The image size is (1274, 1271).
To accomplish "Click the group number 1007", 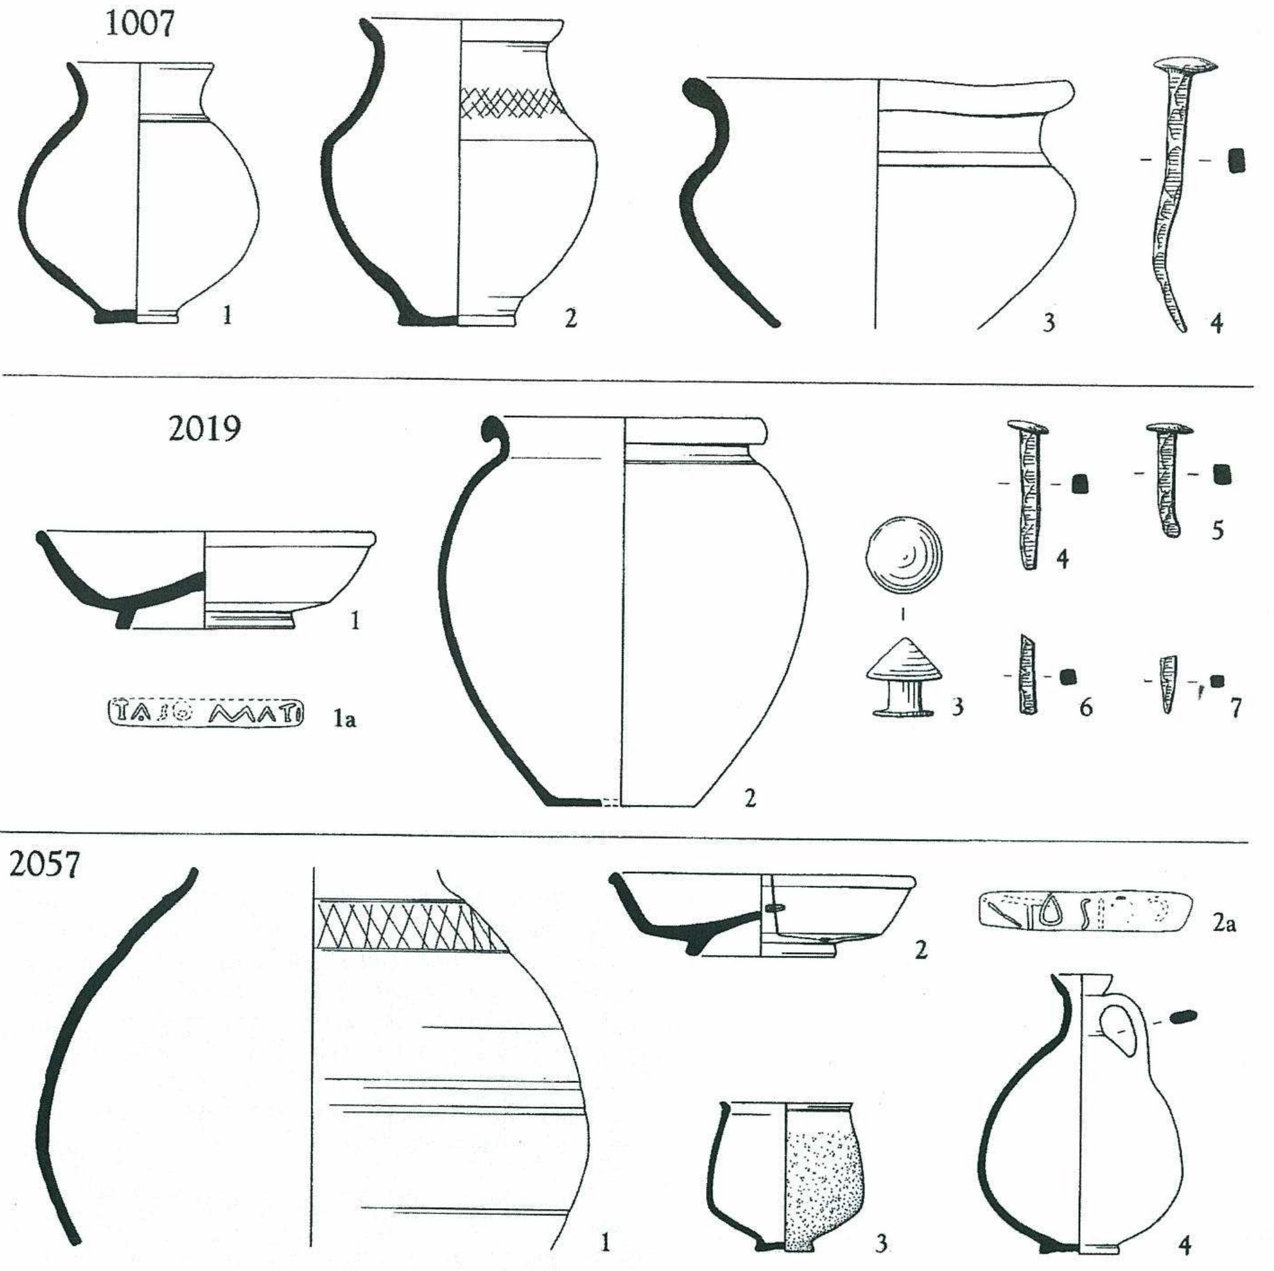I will coord(140,25).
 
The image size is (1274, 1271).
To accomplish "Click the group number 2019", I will coord(204,429).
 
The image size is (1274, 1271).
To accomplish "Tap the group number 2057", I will coord(44,864).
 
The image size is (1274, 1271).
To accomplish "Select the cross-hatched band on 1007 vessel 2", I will coord(511,104).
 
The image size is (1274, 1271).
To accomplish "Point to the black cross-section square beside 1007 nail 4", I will coord(1236,160).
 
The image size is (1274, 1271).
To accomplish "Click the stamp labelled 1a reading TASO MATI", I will coord(206,712).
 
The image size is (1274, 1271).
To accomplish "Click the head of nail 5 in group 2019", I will coord(1170,429).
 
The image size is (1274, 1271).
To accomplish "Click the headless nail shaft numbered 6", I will coord(1027,674).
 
